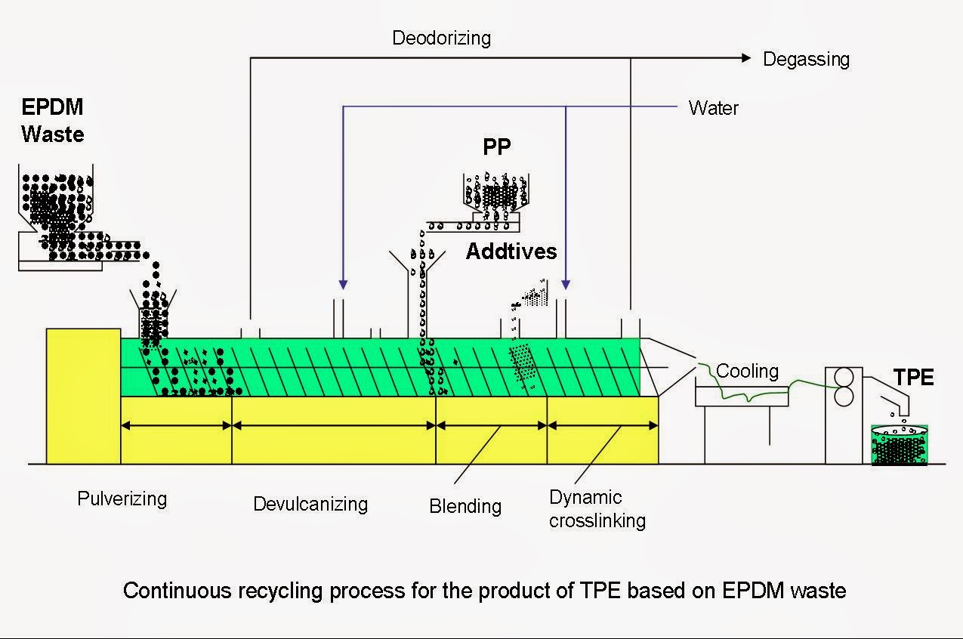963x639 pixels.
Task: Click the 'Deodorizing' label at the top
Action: pyautogui.click(x=441, y=38)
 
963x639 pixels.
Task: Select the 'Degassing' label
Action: pyautogui.click(x=806, y=60)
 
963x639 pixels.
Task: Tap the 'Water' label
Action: pyautogui.click(x=713, y=108)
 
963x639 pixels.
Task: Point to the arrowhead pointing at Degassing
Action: pyautogui.click(x=746, y=58)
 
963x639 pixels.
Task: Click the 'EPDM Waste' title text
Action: pyautogui.click(x=52, y=120)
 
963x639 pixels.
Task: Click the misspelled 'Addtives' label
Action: pyautogui.click(x=511, y=252)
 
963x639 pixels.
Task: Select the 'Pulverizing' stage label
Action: pyautogui.click(x=122, y=499)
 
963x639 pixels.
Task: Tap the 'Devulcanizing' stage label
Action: pyautogui.click(x=310, y=504)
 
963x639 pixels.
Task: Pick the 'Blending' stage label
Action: pyautogui.click(x=465, y=505)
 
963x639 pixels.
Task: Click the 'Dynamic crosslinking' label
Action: pyautogui.click(x=597, y=509)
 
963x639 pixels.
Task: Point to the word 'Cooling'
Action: pyautogui.click(x=747, y=371)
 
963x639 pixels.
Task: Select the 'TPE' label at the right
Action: pyautogui.click(x=913, y=378)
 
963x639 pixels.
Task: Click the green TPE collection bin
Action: pyautogui.click(x=899, y=446)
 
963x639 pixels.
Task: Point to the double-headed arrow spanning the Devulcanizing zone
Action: pyautogui.click(x=334, y=425)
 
